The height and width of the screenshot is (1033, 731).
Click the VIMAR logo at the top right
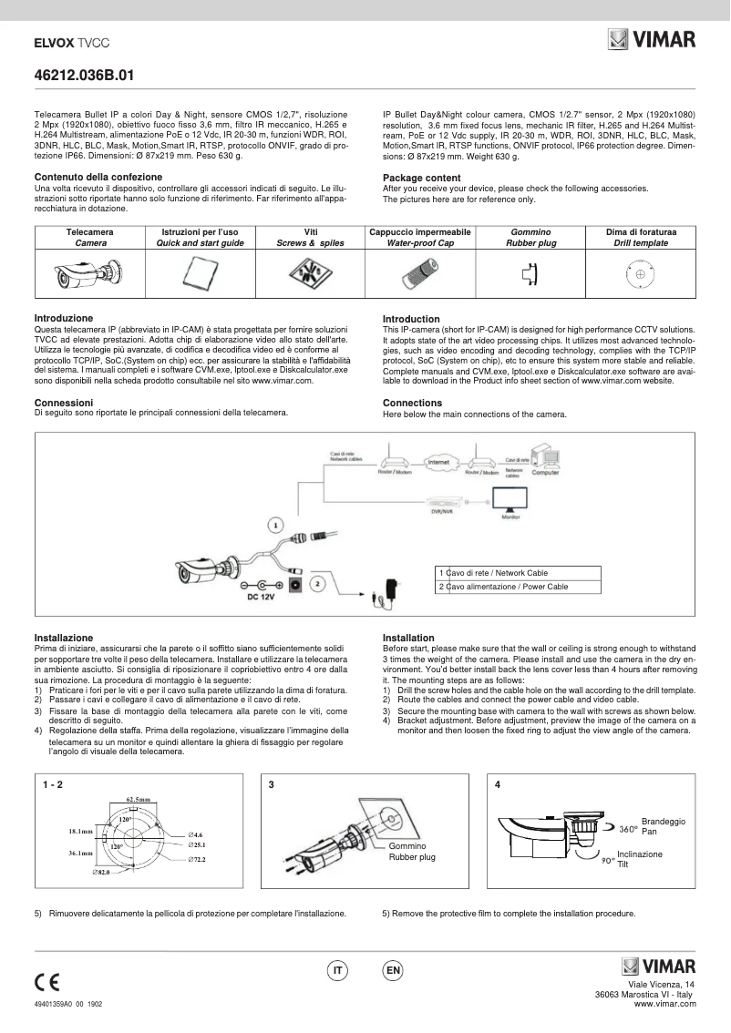pyautogui.click(x=652, y=40)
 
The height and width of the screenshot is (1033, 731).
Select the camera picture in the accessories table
pyautogui.click(x=89, y=271)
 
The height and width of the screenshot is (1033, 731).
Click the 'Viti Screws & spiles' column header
pyautogui.click(x=310, y=238)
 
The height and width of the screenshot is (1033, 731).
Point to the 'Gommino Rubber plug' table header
pyautogui.click(x=530, y=238)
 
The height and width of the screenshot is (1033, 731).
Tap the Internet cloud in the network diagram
pyautogui.click(x=438, y=463)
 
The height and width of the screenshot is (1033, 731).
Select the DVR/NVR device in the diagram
pyautogui.click(x=441, y=506)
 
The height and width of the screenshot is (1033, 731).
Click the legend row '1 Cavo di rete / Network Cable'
pyautogui.click(x=518, y=572)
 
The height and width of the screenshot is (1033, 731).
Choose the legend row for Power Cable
pyautogui.click(x=518, y=587)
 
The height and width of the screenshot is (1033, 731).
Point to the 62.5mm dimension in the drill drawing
pyautogui.click(x=139, y=799)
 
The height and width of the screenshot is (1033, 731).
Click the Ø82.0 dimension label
pyautogui.click(x=101, y=872)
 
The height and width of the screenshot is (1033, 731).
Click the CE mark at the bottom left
pyautogui.click(x=46, y=982)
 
